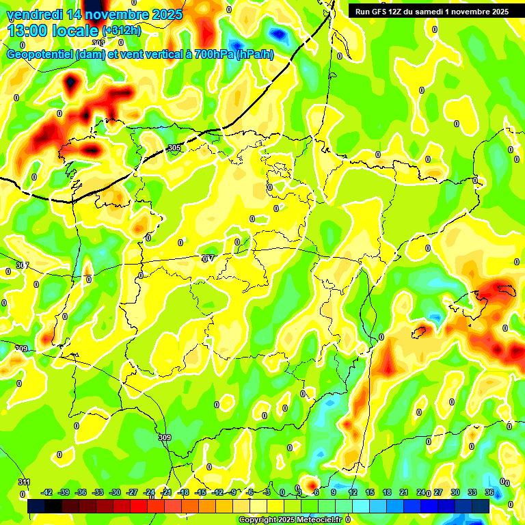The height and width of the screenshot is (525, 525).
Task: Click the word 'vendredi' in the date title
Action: tap(33, 14)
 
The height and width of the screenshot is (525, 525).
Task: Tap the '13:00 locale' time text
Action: tap(53, 31)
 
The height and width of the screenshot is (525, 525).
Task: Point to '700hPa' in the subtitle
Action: tap(213, 55)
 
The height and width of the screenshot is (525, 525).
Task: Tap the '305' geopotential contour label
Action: tap(174, 148)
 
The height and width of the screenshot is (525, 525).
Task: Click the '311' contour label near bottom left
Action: tap(24, 483)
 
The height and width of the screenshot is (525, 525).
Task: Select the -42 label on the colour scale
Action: tap(47, 492)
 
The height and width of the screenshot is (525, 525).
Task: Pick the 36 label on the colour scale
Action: tap(489, 492)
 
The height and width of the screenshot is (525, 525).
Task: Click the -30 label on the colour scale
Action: tap(116, 492)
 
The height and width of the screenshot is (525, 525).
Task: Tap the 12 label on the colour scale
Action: tap(353, 492)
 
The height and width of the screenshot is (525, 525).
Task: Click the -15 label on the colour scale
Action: tap(201, 492)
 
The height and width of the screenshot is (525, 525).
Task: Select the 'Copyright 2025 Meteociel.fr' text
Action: tap(290, 520)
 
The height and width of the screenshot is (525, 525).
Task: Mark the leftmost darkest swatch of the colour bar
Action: tap(36, 506)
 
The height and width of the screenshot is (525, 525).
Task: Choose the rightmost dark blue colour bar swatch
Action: tap(481, 506)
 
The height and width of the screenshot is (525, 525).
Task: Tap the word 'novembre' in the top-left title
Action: tap(116, 14)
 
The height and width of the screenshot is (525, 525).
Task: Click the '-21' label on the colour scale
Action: tap(167, 492)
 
